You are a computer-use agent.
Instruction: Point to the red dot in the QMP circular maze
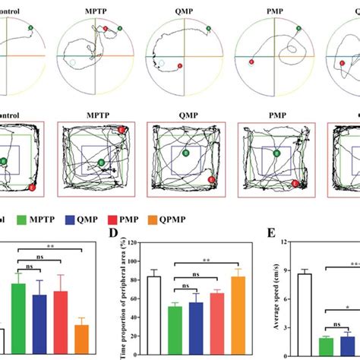coord(179,66)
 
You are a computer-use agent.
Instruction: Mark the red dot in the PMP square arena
coord(295,183)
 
